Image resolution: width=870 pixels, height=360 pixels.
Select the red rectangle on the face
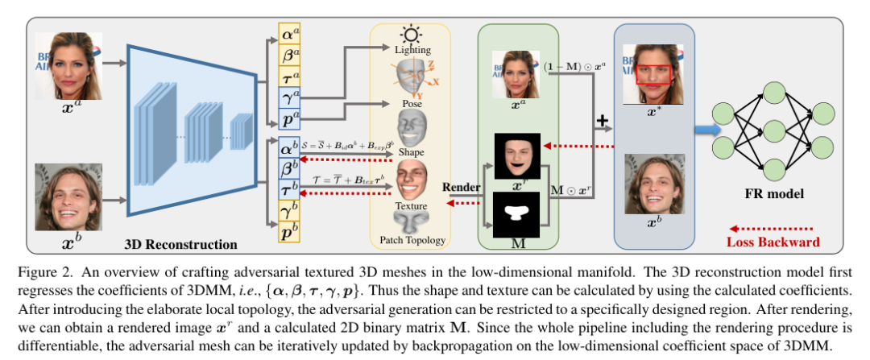653,75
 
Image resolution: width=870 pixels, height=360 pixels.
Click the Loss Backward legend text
773,242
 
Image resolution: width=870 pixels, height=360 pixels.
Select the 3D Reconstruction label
180,244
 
